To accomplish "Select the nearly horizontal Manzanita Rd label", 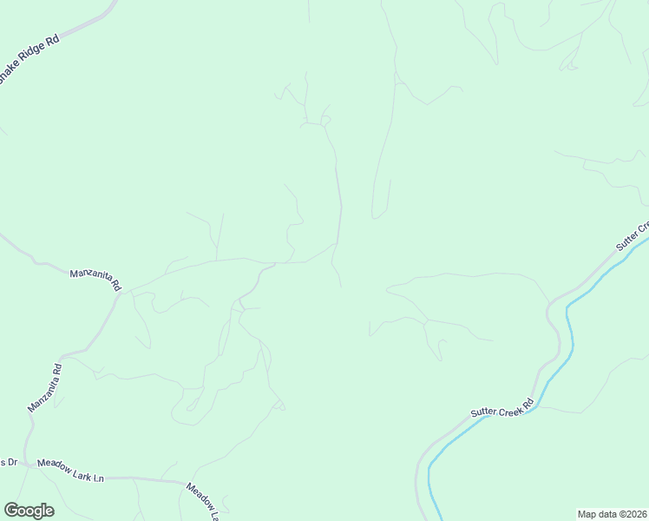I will (95, 279).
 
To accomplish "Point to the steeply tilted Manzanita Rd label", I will (45, 388).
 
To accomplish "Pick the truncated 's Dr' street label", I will (9, 462).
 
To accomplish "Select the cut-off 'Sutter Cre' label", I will (633, 236).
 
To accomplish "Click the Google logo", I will (29, 511).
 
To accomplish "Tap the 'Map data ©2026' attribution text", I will (612, 514).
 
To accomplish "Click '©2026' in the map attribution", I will (631, 514).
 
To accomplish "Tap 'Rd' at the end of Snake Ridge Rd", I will (53, 40).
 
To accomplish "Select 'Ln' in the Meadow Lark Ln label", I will (98, 478).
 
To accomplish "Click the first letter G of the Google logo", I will (11, 511).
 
